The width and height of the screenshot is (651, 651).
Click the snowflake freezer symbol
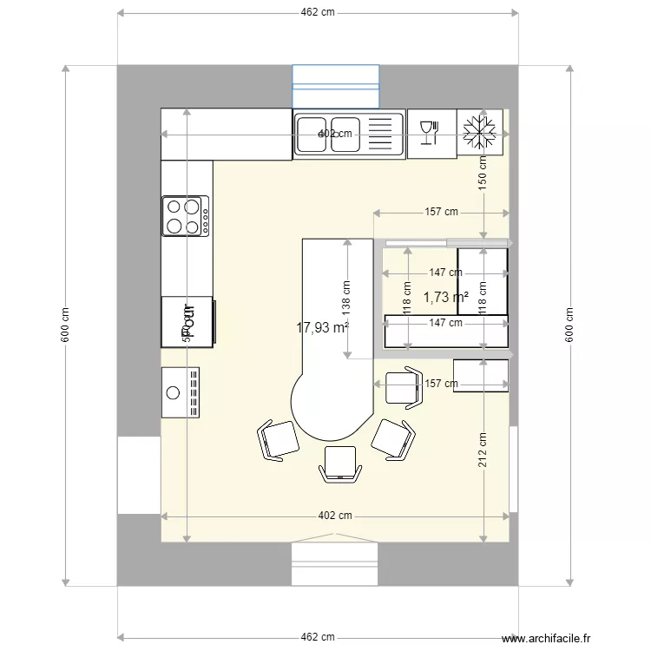480,133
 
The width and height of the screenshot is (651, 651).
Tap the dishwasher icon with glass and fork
431,133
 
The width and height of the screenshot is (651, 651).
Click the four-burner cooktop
186,216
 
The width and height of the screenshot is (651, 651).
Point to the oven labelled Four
187,321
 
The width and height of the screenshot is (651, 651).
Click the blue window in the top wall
336,86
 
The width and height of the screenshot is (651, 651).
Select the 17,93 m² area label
322,327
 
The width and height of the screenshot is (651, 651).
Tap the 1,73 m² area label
446,297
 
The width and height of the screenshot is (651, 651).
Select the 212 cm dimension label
483,450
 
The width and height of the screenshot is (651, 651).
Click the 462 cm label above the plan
318,12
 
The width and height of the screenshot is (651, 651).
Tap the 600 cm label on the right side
570,325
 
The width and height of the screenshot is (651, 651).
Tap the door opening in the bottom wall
335,562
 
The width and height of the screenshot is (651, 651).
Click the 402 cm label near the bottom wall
335,515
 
